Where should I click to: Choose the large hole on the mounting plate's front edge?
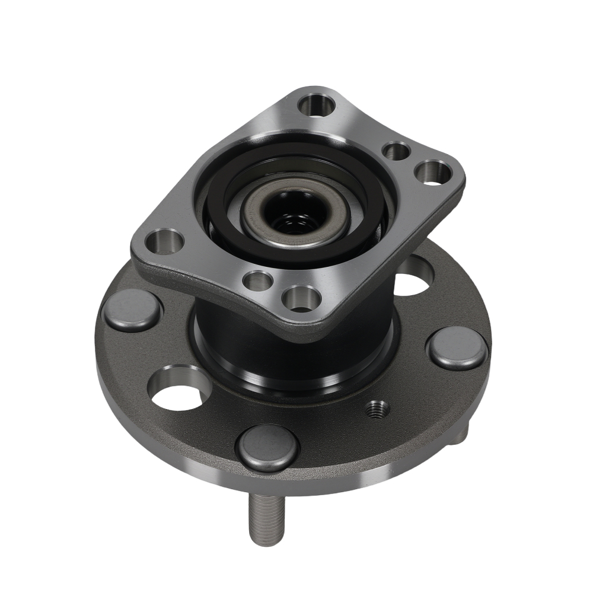(301, 298)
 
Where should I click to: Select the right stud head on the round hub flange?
(457, 348)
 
